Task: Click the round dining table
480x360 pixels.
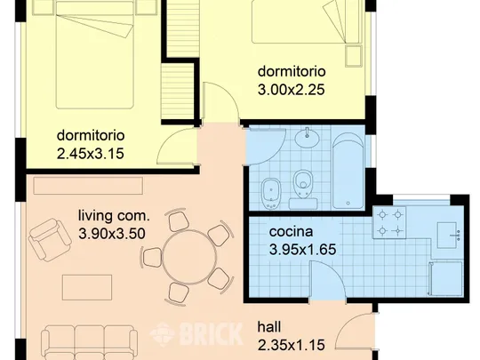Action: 189,258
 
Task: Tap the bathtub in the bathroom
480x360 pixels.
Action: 348,171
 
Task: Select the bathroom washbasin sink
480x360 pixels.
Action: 307,139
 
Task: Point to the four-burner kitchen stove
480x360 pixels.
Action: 389,222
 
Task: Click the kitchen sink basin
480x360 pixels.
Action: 447,235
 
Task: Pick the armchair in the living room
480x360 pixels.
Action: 50,239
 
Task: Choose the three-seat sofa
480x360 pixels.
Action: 89,343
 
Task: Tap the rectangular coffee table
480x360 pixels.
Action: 87,287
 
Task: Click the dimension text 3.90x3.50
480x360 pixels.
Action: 112,234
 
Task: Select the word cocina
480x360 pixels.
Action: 291,232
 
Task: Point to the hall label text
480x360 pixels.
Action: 269,327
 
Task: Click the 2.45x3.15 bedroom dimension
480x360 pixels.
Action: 91,154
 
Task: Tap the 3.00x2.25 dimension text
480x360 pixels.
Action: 292,90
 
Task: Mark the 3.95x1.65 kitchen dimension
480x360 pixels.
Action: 302,249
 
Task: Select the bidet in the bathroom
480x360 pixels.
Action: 271,194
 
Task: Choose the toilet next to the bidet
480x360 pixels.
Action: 303,188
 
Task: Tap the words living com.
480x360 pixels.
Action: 114,216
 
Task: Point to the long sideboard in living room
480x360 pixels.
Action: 88,186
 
